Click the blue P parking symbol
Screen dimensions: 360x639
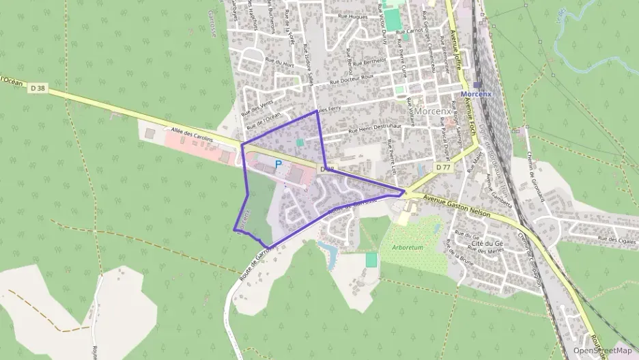point(278,164)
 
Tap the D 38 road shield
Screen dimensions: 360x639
point(37,87)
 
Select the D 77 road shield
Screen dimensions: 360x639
point(442,167)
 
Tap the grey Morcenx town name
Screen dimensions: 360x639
point(431,111)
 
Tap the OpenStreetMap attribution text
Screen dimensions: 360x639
point(602,350)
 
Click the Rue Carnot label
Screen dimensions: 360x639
point(409,31)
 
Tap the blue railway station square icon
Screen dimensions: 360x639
point(476,85)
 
